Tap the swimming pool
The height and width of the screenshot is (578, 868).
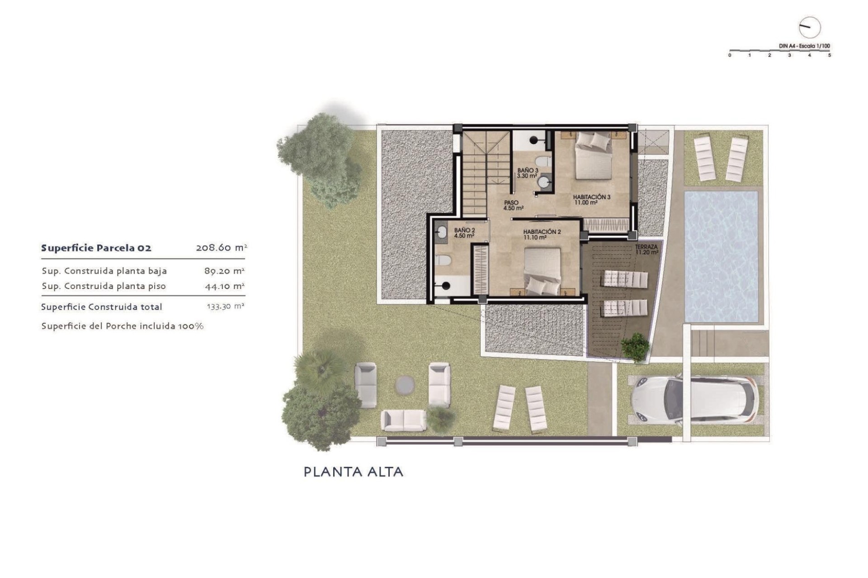pyautogui.click(x=721, y=256)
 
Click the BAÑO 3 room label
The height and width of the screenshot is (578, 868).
pyautogui.click(x=528, y=173)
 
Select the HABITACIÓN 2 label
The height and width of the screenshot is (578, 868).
pyautogui.click(x=542, y=234)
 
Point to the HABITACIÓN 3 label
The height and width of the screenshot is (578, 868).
pyautogui.click(x=591, y=200)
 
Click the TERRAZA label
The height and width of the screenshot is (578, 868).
pyautogui.click(x=646, y=250)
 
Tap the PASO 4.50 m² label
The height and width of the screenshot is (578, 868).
pyautogui.click(x=513, y=205)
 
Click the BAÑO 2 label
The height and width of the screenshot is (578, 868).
pyautogui.click(x=464, y=233)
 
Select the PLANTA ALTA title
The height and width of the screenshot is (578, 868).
pyautogui.click(x=353, y=472)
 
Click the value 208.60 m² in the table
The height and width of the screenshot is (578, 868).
pyautogui.click(x=221, y=247)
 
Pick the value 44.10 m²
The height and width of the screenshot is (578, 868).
pyautogui.click(x=225, y=286)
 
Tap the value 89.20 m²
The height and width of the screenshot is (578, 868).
pyautogui.click(x=224, y=271)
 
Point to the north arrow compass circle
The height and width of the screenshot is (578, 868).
pyautogui.click(x=809, y=28)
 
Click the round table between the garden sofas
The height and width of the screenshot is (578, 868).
pyautogui.click(x=405, y=385)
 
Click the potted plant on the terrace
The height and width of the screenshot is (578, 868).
pyautogui.click(x=635, y=347)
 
